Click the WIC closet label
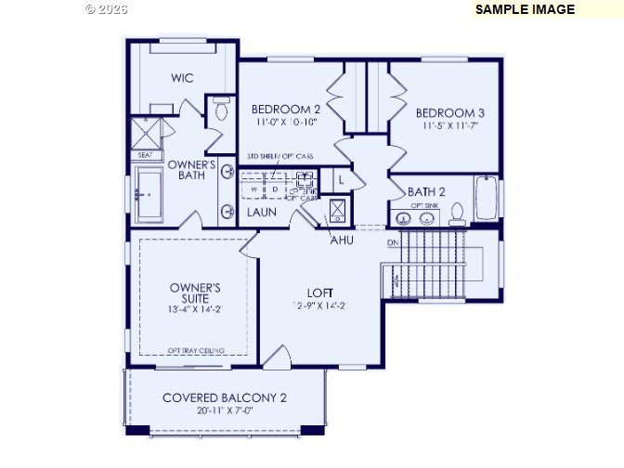point(182,78)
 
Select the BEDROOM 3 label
point(450,112)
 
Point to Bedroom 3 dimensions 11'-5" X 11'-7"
point(450,125)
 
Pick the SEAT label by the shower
point(146,155)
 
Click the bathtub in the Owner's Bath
point(150,196)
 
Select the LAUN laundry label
point(261,213)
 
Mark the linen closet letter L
point(341,178)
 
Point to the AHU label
point(342,240)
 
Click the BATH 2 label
point(426,191)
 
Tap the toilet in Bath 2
point(456,214)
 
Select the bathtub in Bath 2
point(486,197)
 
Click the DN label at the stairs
point(394,243)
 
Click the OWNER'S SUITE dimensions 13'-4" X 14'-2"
point(194,309)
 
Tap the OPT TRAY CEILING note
point(195,350)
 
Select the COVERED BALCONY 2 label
point(225,397)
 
